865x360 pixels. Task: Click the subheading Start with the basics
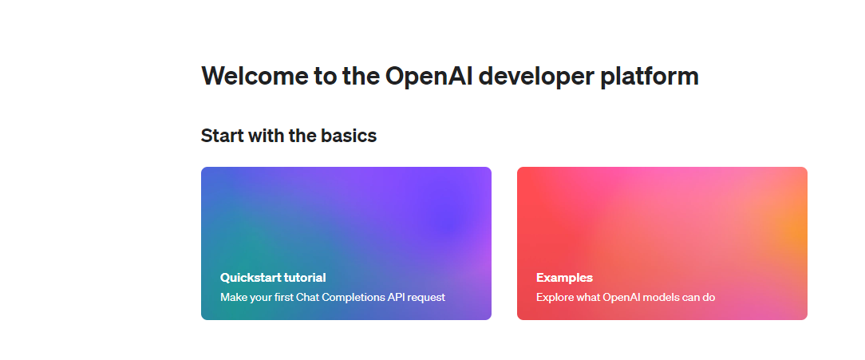pos(288,136)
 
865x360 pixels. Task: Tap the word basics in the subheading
pos(348,136)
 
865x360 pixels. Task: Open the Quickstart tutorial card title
pos(273,278)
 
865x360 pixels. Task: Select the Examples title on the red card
pos(564,278)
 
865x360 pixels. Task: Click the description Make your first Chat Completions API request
pos(332,298)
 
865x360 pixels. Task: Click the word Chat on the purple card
pos(307,298)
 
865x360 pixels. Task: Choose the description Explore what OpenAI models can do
pos(625,298)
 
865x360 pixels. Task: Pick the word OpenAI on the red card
pos(604,298)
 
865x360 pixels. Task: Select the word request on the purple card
pos(427,298)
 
